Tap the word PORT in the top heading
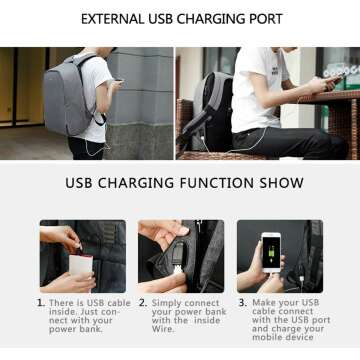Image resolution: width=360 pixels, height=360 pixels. (x=263, y=19)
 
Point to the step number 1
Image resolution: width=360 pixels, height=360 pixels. (x=40, y=302)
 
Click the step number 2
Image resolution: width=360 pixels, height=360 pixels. (x=143, y=302)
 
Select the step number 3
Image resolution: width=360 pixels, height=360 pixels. (x=241, y=302)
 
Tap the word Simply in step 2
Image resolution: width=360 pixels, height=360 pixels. (x=168, y=302)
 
